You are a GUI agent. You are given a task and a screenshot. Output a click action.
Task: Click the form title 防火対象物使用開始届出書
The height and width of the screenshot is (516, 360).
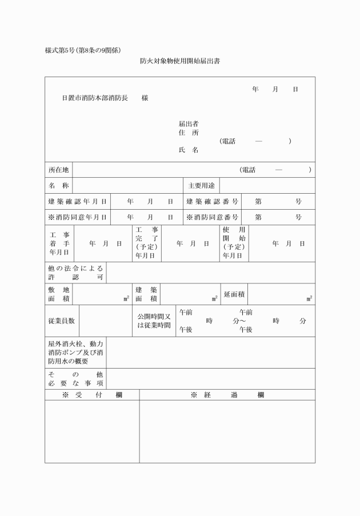coord(179,61)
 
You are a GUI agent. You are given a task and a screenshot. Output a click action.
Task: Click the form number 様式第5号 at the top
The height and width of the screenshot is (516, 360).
coord(62,50)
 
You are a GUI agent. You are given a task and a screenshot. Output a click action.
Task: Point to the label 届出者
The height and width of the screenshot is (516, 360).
coord(189,123)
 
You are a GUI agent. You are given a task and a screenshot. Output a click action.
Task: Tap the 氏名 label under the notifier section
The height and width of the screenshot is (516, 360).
coord(189,150)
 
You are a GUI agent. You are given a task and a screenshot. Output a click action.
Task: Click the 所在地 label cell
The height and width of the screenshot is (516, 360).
coord(58,170)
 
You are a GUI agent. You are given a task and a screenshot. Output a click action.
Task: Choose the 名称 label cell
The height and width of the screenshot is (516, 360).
coord(58,186)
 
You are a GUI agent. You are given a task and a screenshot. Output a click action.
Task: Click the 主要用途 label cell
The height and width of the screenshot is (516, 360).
coord(201,186)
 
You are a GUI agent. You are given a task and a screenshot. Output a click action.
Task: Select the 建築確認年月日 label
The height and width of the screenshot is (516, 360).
coord(77,202)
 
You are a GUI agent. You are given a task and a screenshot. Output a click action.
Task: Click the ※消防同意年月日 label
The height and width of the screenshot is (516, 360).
coord(77,217)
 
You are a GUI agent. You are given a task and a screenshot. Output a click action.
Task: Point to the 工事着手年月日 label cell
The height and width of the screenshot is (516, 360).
coord(59,243)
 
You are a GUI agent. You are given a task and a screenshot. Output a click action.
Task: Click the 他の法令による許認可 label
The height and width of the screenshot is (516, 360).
coord(75,272)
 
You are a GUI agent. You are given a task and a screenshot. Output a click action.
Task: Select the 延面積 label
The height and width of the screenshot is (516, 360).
coord(234,294)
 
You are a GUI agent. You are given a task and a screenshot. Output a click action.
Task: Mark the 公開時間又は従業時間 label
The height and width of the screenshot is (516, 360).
coord(154,321)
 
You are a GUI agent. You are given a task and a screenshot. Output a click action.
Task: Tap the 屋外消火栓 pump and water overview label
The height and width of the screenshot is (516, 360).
coord(75,353)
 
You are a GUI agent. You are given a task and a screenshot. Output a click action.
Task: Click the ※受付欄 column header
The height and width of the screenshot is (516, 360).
coord(91,395)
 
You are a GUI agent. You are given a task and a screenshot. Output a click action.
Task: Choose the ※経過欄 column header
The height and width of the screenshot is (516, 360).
coord(227,395)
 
